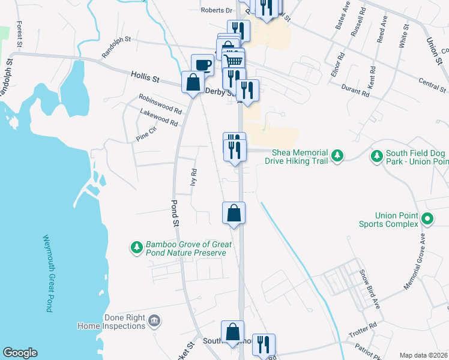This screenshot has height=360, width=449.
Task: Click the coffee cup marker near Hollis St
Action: pyautogui.click(x=202, y=64)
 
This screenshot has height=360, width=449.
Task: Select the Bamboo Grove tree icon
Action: pyautogui.click(x=136, y=247)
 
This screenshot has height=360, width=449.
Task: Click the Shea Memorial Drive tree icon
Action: pyautogui.click(x=337, y=156)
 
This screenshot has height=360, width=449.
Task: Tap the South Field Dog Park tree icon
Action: pyautogui.click(x=376, y=156)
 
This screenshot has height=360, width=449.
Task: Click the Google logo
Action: pyautogui.click(x=20, y=353)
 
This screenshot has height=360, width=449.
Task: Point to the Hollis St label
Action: pyautogui.click(x=145, y=77)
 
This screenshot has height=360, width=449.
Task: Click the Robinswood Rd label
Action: pyautogui.click(x=160, y=104)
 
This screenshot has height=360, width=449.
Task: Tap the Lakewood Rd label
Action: pyautogui.click(x=159, y=118)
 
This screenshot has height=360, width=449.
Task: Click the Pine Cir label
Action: pyautogui.click(x=146, y=133)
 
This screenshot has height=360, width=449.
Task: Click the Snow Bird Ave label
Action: pyautogui.click(x=370, y=289)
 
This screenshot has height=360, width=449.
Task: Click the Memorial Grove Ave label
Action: pyautogui.click(x=414, y=260)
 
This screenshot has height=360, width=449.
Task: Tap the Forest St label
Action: pyautogui.click(x=19, y=34)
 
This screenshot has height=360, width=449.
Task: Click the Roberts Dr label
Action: pyautogui.click(x=216, y=10)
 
